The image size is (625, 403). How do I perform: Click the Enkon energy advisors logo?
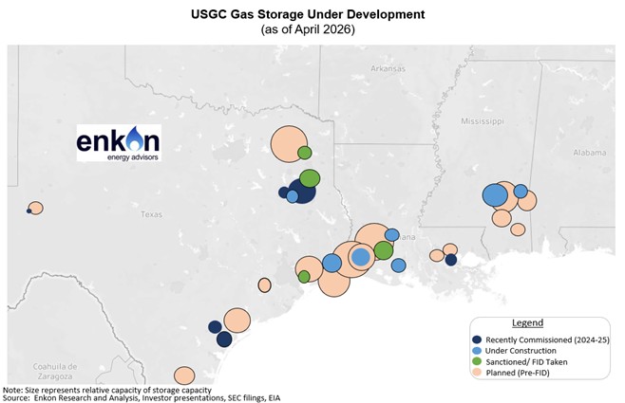118,143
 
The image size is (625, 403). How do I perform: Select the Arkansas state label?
388,68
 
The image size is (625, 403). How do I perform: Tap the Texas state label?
151,214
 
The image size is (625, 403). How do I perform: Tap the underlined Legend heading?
527,323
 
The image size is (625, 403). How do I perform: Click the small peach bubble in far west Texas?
36,208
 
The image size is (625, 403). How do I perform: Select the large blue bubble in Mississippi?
495,195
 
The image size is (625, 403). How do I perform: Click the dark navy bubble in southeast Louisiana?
451,260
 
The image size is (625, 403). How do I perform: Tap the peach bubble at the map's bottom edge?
184,376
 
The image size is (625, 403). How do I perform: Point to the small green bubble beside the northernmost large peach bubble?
305,153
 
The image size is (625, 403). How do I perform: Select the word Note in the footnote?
13,389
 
